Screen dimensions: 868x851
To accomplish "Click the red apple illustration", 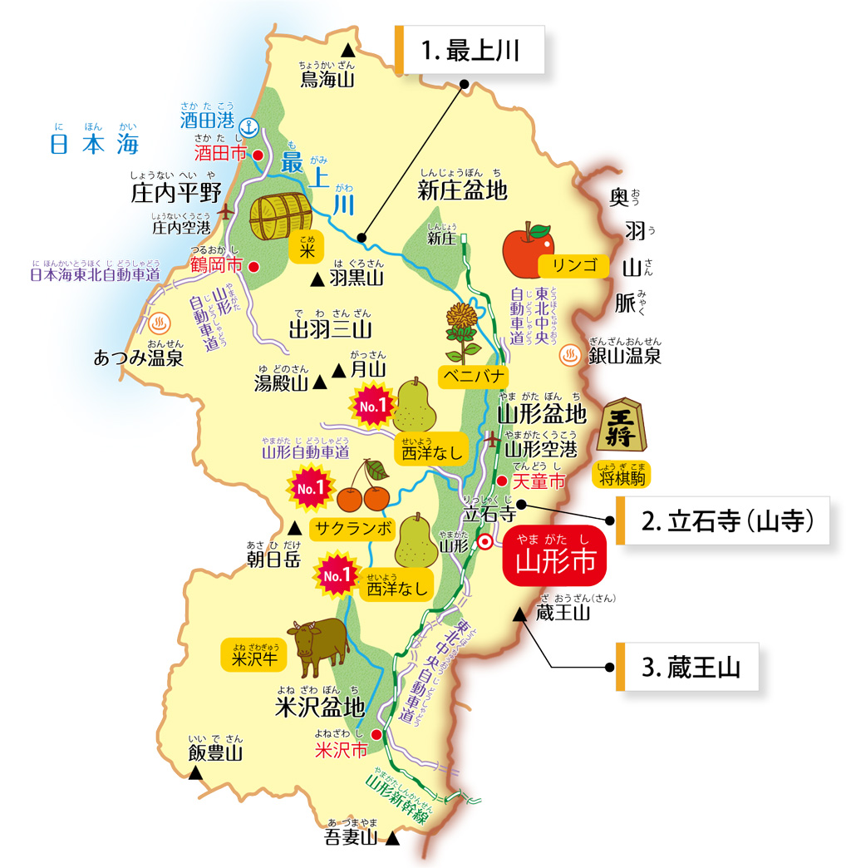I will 528,249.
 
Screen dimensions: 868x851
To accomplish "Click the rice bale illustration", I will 280,217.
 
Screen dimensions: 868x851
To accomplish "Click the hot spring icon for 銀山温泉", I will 570,355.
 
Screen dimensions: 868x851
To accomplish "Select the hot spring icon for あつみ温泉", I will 162,323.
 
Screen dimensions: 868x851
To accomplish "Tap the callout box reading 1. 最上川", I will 470,51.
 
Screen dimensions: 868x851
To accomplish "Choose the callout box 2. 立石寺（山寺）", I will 726,521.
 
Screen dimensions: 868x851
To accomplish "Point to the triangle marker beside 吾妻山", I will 393,839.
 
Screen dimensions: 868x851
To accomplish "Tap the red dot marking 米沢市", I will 376,734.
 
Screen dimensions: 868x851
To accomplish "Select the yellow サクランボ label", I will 351,527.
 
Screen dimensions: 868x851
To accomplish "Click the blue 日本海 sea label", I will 94,144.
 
